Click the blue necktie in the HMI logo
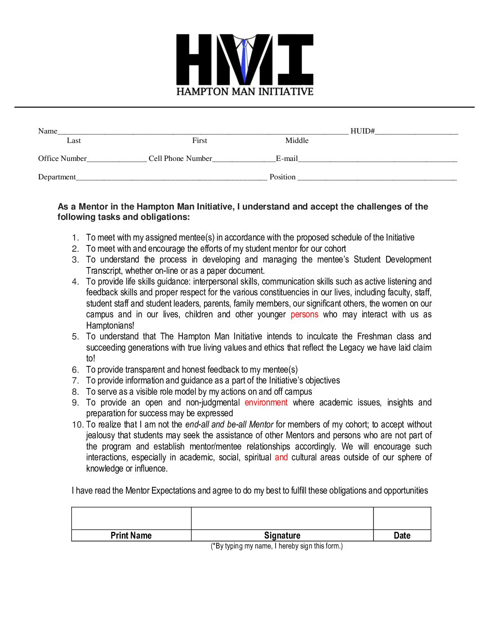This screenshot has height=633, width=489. pos(244,61)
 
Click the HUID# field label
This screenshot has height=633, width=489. pos(362,131)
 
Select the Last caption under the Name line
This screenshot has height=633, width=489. pos(74,141)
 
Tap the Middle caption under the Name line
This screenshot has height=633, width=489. pos(297,141)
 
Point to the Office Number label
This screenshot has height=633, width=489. pos(62,159)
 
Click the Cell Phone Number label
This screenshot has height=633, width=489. pos(180,159)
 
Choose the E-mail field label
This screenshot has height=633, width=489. pos(287,159)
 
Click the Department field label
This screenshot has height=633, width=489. pos(57,177)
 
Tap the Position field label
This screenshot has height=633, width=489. pos(282,177)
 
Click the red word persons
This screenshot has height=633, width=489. pos(304,315)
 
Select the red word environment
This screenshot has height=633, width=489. pos(266,403)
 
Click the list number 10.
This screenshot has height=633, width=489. pos(77,425)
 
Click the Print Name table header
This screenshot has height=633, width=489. pos(131,535)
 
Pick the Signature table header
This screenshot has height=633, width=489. pos(282,535)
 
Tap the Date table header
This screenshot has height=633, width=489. pos(402,535)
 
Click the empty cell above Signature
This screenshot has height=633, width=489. pos(282,518)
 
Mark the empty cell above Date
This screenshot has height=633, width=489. pos(402,518)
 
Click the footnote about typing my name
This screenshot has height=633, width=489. pos(276,546)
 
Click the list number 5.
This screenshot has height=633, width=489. pos(76,337)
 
